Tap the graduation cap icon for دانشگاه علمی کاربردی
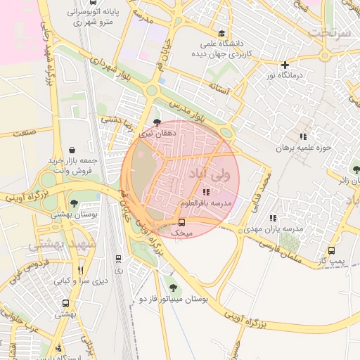coord(222,33)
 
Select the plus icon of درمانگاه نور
coord(285,65)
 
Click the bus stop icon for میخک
coord(183,222)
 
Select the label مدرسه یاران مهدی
coord(274,229)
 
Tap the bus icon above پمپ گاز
coord(332,251)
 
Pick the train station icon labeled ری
coord(117,259)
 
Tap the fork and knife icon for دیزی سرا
coord(82,269)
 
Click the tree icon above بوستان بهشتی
coord(75,203)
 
